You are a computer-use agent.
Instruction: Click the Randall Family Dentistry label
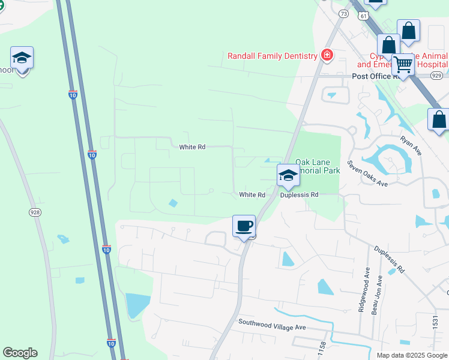(272, 56)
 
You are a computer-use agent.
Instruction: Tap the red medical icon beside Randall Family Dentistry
(327, 56)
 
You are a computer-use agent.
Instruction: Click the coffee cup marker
(244, 226)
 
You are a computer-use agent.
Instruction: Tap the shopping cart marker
(403, 64)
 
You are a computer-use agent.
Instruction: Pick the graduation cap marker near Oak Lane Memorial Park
(288, 175)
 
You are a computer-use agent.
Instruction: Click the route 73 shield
(343, 13)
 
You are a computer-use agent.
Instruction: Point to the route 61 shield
(364, 16)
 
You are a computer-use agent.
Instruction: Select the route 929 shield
(436, 75)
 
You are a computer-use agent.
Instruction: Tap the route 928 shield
(35, 212)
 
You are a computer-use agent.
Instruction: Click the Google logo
(20, 353)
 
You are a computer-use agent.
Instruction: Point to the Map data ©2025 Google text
(411, 355)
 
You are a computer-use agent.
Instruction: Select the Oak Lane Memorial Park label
(319, 166)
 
